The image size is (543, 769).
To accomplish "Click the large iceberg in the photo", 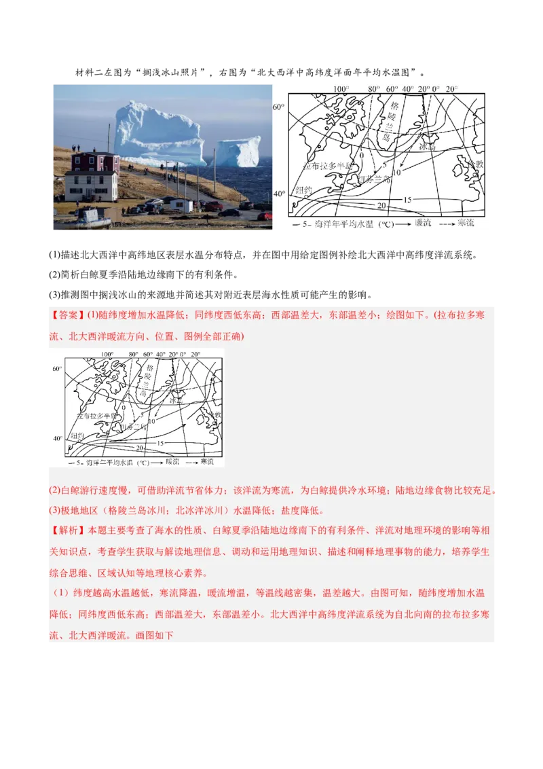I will tap(157, 134).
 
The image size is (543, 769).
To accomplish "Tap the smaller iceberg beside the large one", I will tap(238, 151).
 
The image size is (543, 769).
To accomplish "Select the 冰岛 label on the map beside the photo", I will tap(426, 146).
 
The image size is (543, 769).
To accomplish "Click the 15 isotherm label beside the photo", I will tap(407, 199).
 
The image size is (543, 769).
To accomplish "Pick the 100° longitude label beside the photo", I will tap(341, 89).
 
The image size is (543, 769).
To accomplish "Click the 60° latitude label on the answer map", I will tap(57, 368).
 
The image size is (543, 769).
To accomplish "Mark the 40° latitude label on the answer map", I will tap(57, 438).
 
